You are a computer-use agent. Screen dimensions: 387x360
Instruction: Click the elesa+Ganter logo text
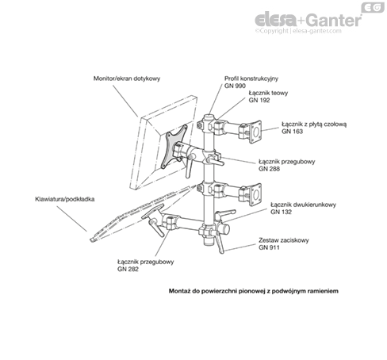(x=308, y=20)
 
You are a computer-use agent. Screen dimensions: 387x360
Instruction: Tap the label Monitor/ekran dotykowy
(x=127, y=79)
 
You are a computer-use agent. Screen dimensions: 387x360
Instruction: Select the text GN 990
(x=235, y=86)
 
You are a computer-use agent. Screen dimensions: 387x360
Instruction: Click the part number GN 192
(x=259, y=100)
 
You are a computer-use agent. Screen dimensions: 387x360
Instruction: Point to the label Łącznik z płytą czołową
(x=314, y=124)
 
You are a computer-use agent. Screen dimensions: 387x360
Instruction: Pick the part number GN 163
(x=292, y=132)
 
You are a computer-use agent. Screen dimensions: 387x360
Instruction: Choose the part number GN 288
(x=269, y=169)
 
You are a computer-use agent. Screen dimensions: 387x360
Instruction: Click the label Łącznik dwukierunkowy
(x=303, y=205)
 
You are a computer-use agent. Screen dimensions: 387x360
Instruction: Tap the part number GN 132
(x=281, y=212)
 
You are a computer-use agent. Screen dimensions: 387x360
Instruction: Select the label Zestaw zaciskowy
(x=284, y=240)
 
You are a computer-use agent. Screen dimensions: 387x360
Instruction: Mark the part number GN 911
(x=269, y=247)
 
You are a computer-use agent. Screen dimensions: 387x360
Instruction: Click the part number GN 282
(x=128, y=270)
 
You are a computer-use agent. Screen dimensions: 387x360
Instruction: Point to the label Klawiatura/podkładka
(x=65, y=199)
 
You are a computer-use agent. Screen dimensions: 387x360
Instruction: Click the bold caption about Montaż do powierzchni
(x=254, y=291)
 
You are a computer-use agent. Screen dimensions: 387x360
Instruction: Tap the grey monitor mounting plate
(x=174, y=147)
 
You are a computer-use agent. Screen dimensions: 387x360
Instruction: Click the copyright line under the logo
(x=298, y=31)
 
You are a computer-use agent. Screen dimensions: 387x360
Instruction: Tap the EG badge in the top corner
(x=373, y=7)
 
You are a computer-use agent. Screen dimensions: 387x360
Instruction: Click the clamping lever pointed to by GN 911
(x=220, y=242)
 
